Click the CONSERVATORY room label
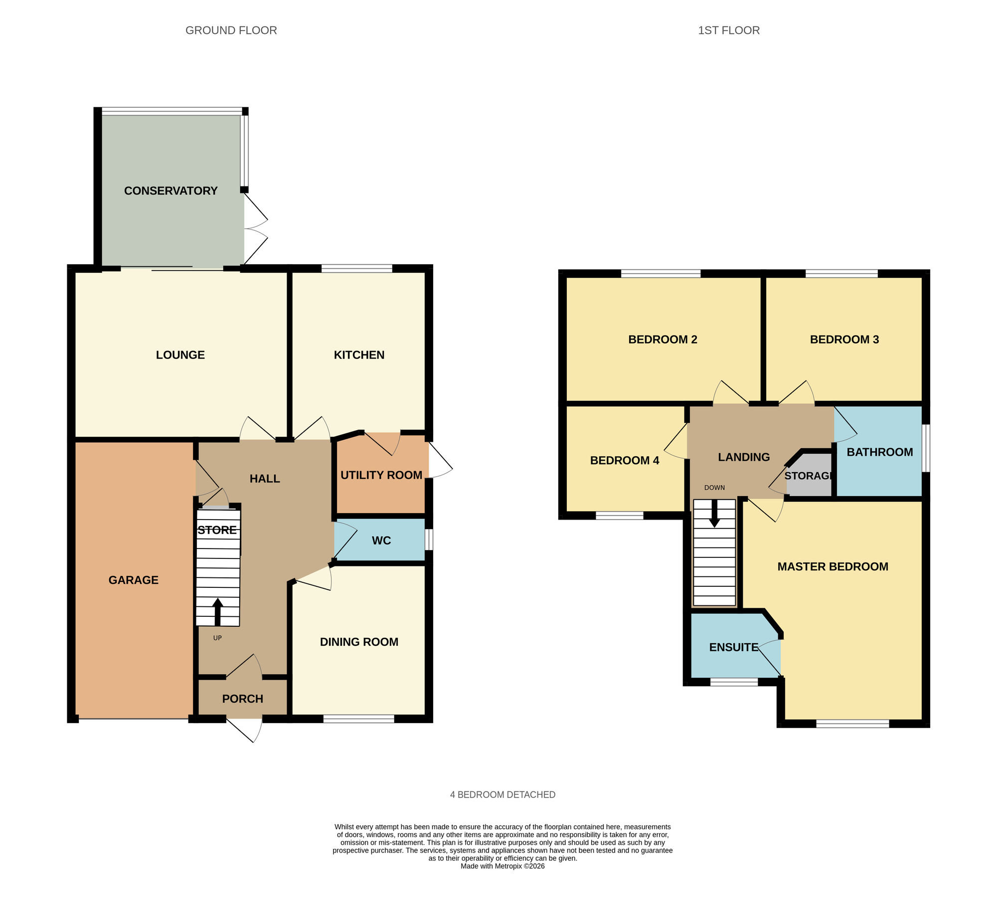[170, 191]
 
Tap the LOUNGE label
[180, 355]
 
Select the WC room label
[381, 541]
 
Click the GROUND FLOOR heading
[231, 30]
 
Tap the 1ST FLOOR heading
[728, 30]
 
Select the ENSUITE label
[733, 647]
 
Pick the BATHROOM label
[879, 452]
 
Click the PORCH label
[242, 699]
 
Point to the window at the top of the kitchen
[357, 269]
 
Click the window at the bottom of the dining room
[358, 719]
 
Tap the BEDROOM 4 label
[624, 461]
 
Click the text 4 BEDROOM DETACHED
[502, 795]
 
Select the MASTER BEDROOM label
[832, 566]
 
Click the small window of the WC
[429, 540]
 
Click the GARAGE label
[133, 580]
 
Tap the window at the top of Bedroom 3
[841, 273]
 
